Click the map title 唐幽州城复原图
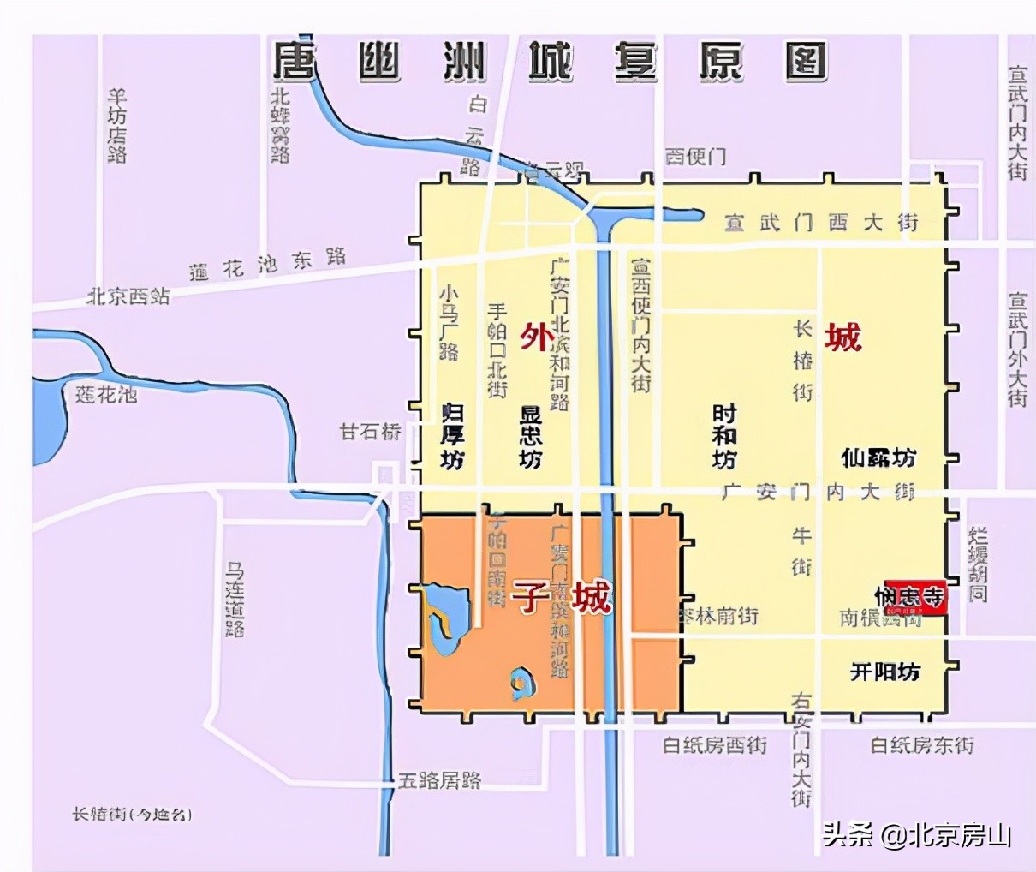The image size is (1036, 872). (550, 61)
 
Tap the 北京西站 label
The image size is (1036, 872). (128, 296)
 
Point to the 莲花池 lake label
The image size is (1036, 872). (105, 395)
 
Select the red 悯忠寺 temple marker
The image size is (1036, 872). (914, 597)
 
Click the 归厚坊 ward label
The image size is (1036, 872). (452, 436)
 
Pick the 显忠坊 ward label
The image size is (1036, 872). (531, 436)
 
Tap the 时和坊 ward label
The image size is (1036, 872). (724, 436)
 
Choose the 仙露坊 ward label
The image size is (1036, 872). (878, 457)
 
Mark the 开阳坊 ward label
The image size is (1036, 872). (884, 671)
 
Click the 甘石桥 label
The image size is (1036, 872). (370, 431)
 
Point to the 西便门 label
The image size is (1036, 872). (695, 157)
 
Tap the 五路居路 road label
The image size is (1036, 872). (439, 780)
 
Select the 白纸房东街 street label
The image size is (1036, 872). (922, 745)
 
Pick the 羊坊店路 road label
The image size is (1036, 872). (117, 125)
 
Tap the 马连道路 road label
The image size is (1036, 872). (235, 599)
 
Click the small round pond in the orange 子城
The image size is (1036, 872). (520, 681)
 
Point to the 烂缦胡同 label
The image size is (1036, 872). (978, 564)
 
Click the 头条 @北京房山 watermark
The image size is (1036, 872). (917, 833)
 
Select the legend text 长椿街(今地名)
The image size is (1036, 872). (131, 814)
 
